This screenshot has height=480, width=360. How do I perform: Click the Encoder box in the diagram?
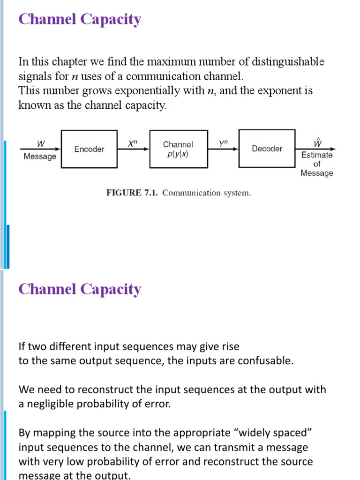(89, 149)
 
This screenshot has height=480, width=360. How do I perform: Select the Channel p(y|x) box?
(178, 149)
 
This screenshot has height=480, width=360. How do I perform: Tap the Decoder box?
(267, 149)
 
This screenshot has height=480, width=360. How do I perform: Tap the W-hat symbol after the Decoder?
(317, 142)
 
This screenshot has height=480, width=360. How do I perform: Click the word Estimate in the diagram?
(317, 155)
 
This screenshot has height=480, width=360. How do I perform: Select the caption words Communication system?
(206, 193)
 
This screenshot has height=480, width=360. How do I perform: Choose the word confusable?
(265, 361)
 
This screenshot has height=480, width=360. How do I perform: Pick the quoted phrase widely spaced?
(271, 433)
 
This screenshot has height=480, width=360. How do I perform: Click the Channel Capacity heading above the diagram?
(79, 20)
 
